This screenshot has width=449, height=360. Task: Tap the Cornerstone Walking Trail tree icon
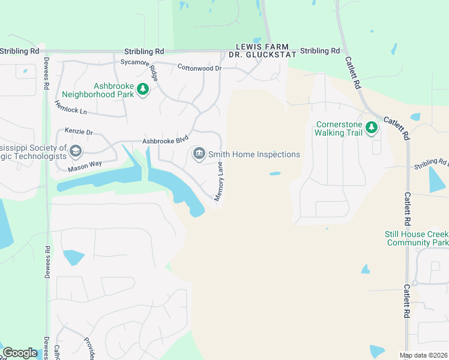coord(372,127)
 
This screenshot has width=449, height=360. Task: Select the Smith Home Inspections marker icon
coord(199,154)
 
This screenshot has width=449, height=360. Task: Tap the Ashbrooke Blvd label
coord(161,141)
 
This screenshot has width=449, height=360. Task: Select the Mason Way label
coord(85,166)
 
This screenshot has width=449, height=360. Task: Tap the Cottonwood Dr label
coord(200,68)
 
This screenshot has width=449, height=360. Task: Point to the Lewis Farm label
coord(262,47)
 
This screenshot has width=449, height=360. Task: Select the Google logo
coord(20,353)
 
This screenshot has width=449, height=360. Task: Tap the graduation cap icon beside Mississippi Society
coord(75,151)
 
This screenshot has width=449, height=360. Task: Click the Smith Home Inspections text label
coord(254,154)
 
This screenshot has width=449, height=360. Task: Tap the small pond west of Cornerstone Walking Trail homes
coord(275,174)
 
